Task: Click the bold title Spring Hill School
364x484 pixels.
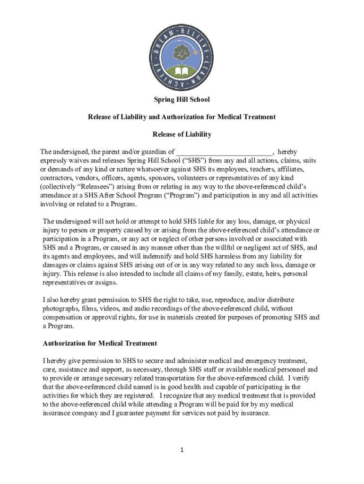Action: coord(182,100)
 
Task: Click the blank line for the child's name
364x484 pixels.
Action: coord(225,153)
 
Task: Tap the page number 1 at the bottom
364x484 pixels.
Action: coord(182,449)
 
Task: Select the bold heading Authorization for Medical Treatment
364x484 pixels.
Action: coord(100,343)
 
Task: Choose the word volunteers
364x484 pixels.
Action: coord(225,178)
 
